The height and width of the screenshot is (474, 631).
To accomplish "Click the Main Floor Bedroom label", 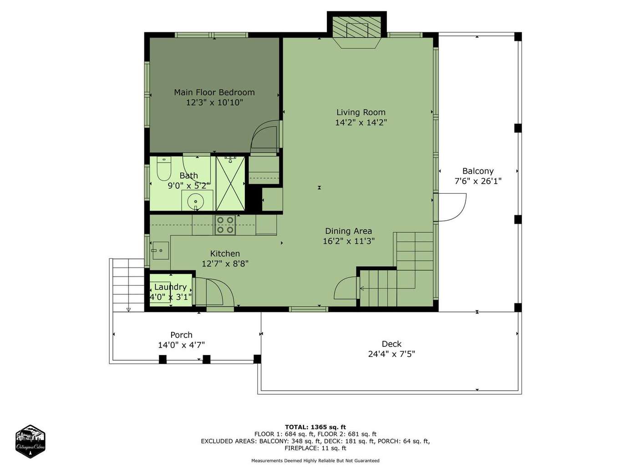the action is click(214, 93).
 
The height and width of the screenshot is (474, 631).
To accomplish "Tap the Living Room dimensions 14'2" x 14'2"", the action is click(361, 123).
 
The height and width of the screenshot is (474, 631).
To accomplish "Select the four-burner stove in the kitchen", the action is click(225, 225).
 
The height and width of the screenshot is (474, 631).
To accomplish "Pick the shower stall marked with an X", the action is click(230, 183).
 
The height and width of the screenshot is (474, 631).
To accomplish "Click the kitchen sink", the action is click(160, 250).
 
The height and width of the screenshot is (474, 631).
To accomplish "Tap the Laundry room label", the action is click(170, 287).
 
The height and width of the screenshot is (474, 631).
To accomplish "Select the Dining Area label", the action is click(348, 231).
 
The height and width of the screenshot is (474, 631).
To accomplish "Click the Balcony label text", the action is click(478, 171).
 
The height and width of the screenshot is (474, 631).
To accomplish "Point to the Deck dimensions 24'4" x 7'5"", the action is click(392, 354).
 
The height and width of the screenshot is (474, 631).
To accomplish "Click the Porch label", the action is click(181, 335).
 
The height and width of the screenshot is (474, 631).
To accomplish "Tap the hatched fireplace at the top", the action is click(357, 27).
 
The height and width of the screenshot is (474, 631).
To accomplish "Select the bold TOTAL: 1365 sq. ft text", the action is click(315, 427).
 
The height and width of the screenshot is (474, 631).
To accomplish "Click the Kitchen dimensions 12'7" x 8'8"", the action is click(225, 263).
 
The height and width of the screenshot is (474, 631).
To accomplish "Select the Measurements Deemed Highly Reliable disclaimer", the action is click(315, 461).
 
